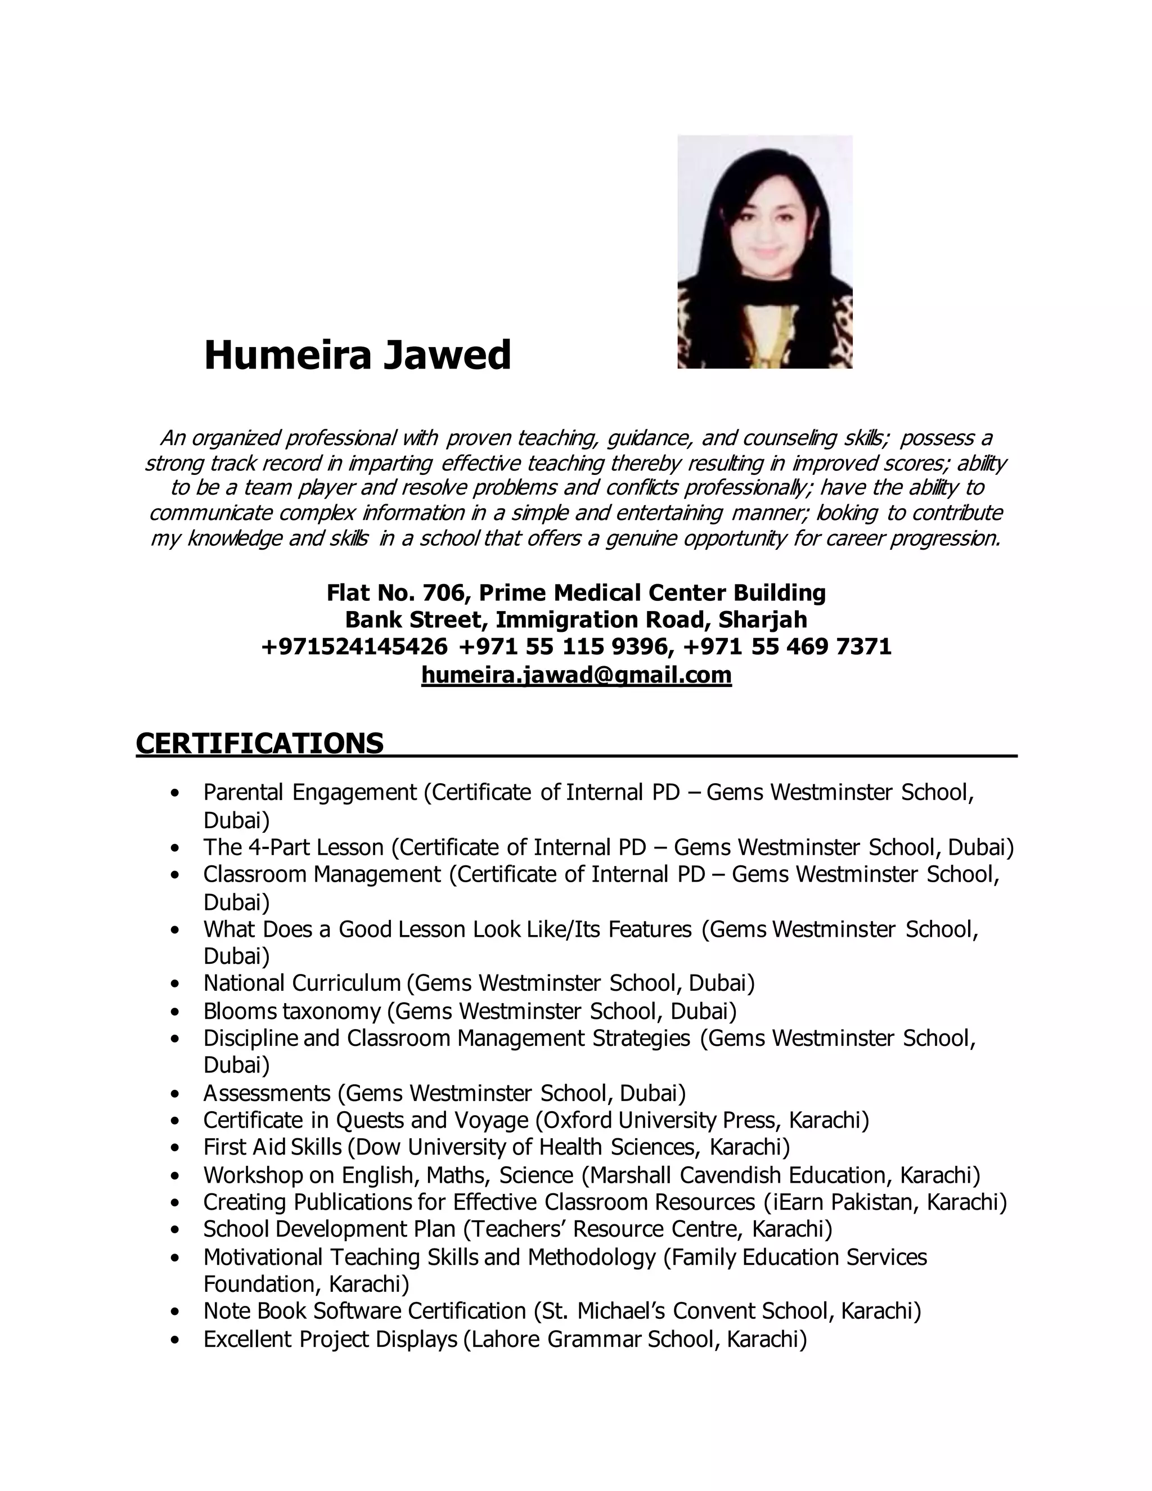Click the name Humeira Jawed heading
coord(357,356)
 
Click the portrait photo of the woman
coord(764,252)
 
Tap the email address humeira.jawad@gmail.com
coord(576,675)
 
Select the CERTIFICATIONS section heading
coord(259,743)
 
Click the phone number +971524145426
coord(354,646)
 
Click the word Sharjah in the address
coord(762,620)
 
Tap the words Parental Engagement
coord(310,793)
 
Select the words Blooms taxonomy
coord(292,1011)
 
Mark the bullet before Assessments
coord(177,1094)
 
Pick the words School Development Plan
coord(329,1229)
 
